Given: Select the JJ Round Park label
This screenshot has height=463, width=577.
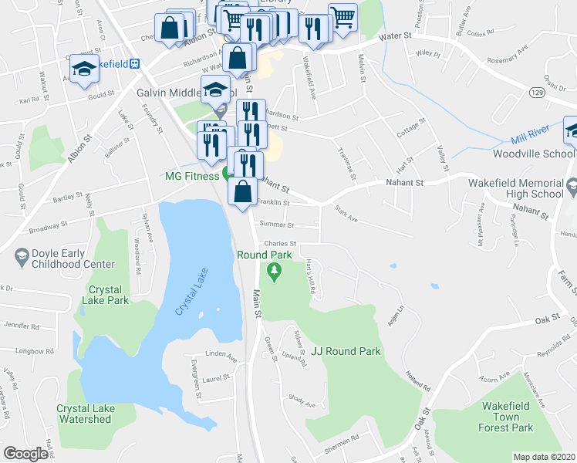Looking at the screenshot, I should click(x=346, y=351).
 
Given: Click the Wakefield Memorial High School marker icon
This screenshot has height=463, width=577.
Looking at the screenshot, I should click(x=571, y=186).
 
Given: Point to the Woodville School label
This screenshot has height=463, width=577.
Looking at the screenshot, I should click(x=531, y=154).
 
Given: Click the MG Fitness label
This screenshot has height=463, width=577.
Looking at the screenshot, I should click(x=191, y=176).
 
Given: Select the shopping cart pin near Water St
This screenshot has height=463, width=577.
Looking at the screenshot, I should click(x=342, y=17).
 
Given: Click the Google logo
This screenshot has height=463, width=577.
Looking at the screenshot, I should click(x=25, y=454).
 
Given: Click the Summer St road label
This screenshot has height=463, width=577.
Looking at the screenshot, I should click(x=278, y=225).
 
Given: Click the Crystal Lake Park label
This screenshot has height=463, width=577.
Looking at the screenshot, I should click(x=108, y=295).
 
